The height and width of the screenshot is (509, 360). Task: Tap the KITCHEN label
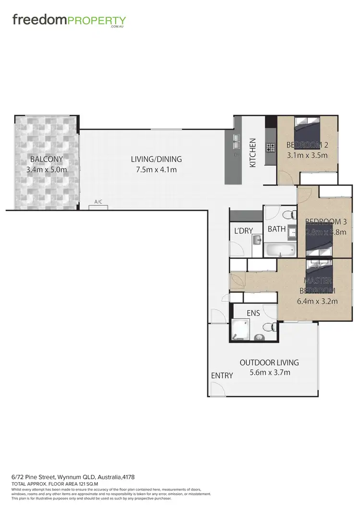click(x=253, y=153)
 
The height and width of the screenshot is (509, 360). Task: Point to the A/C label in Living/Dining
click(x=98, y=202)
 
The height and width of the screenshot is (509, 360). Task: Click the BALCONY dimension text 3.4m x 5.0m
click(x=46, y=169)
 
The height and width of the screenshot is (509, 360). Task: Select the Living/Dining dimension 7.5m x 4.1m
click(x=156, y=169)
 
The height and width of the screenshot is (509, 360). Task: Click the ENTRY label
click(x=222, y=376)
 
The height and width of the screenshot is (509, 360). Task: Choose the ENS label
click(x=253, y=313)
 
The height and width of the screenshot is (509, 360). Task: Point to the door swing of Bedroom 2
click(x=286, y=179)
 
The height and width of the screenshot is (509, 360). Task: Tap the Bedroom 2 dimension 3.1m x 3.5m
click(x=307, y=155)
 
